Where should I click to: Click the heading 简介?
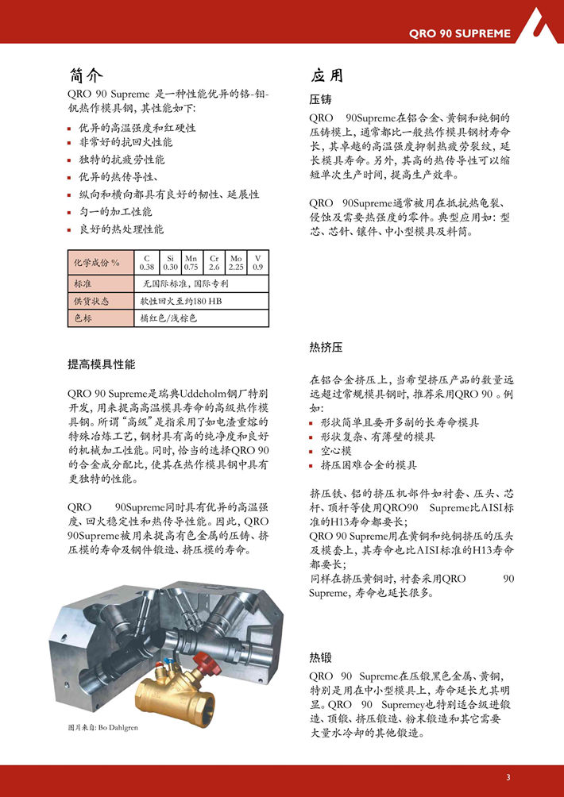(87, 75)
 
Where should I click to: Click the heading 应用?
(327, 75)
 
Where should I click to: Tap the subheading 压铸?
(320, 100)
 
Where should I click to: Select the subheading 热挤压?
(326, 348)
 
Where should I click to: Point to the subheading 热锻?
(320, 657)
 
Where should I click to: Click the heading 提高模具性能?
(102, 364)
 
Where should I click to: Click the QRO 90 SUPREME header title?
(459, 33)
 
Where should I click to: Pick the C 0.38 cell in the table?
(147, 263)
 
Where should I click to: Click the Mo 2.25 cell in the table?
(236, 263)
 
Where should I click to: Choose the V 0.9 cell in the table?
(257, 263)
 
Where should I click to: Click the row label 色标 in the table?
(83, 318)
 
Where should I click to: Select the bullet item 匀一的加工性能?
(115, 212)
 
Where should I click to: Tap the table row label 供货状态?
(91, 301)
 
